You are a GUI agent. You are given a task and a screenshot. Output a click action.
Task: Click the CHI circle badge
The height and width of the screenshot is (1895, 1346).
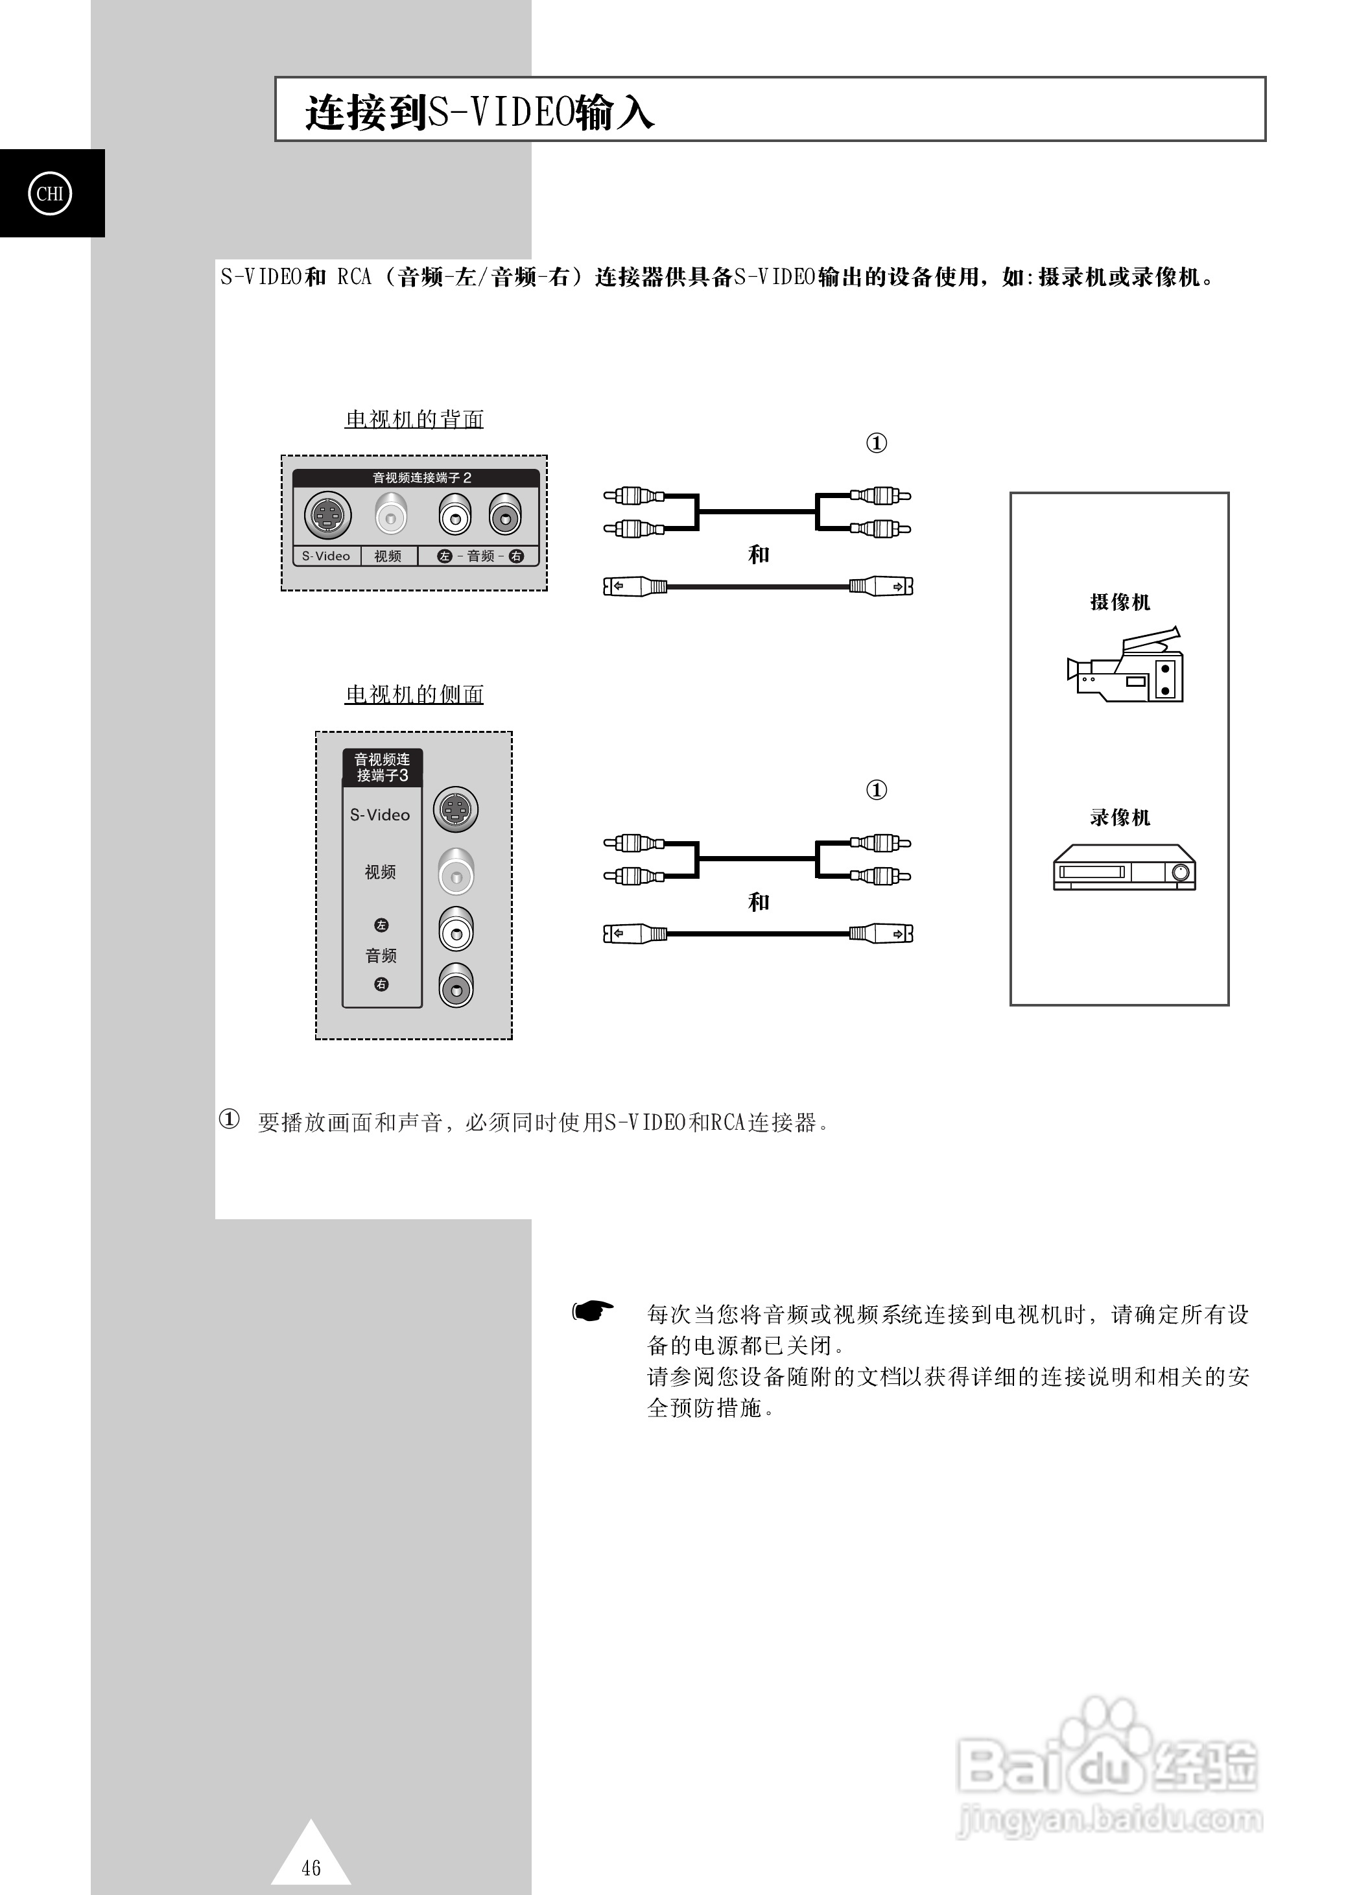[x=50, y=193]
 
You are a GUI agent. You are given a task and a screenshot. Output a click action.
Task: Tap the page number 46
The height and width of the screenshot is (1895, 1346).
[x=311, y=1867]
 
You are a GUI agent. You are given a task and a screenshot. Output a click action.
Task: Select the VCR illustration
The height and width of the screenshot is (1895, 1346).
[x=1124, y=867]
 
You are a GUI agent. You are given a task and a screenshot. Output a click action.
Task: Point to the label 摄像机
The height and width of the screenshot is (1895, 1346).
[x=1120, y=602]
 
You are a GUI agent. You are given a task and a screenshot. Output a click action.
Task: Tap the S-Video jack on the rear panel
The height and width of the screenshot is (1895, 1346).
[x=328, y=515]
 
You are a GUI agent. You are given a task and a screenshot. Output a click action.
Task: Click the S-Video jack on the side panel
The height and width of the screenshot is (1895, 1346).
[x=456, y=809]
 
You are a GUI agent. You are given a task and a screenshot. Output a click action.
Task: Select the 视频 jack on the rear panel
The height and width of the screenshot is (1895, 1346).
[x=391, y=515]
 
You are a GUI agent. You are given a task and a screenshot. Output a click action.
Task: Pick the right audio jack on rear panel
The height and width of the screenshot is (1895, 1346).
[x=504, y=515]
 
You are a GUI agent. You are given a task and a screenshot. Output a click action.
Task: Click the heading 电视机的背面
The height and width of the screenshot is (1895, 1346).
[x=414, y=420]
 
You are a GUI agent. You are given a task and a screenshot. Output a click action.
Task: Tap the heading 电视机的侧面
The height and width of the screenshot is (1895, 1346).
[x=414, y=695]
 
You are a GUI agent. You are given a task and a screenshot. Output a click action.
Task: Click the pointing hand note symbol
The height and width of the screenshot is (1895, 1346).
[x=593, y=1311]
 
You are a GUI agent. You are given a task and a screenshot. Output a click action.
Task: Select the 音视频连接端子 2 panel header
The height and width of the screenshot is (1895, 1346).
[x=416, y=477]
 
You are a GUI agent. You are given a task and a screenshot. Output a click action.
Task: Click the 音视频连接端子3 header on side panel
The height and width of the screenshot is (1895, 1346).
[x=382, y=768]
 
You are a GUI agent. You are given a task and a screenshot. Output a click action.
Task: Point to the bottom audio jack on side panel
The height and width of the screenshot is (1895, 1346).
[x=456, y=986]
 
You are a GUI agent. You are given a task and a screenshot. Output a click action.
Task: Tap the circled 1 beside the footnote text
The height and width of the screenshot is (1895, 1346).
[x=229, y=1119]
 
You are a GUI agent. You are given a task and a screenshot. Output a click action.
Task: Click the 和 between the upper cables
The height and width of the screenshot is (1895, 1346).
[x=759, y=554]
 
